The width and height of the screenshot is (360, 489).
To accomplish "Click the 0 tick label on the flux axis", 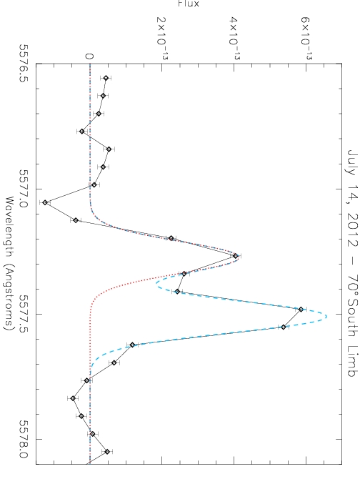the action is tap(89, 56).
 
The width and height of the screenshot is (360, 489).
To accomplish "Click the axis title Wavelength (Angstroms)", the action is tap(9, 264).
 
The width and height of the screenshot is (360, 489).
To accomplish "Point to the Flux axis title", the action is tap(189, 4).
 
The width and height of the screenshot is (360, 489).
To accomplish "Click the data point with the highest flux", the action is tap(301, 310).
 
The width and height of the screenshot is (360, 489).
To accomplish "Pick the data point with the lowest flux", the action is tap(45, 202).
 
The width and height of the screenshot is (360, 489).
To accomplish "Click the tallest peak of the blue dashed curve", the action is tap(326, 317).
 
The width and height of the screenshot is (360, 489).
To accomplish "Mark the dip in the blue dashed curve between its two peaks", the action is tap(156, 284).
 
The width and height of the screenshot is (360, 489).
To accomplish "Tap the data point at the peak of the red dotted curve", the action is tap(236, 256).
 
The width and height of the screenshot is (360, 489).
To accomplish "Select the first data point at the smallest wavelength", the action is tap(106, 78).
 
